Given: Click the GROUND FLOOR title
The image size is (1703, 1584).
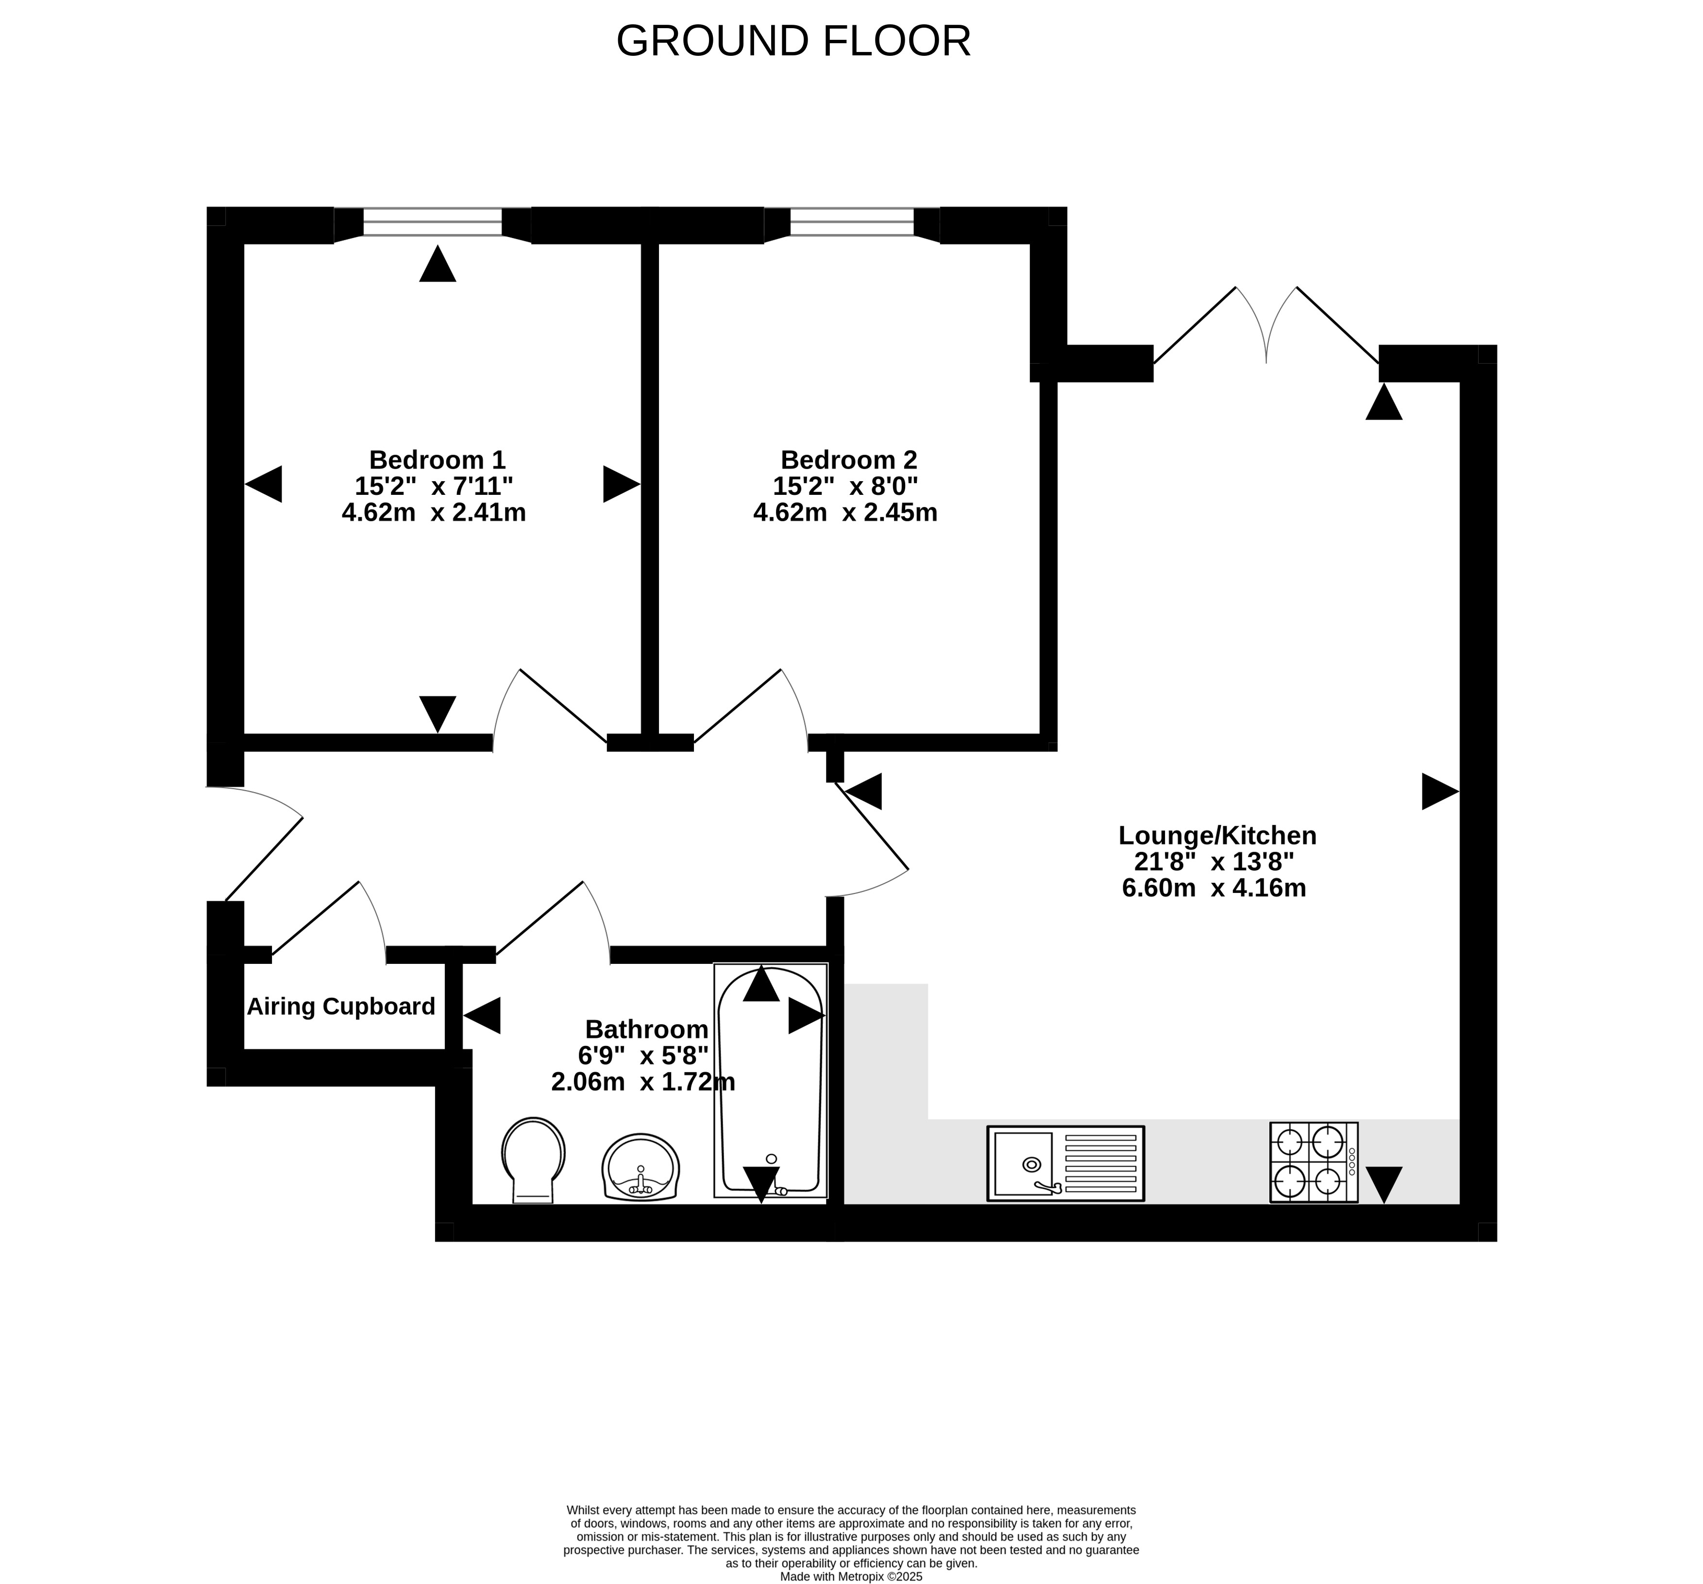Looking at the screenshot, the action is click(793, 41).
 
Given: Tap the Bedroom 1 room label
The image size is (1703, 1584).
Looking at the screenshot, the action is click(437, 459).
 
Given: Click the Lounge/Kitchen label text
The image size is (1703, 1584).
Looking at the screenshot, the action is click(1217, 835).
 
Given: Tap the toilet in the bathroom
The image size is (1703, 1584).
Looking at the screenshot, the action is click(533, 1160).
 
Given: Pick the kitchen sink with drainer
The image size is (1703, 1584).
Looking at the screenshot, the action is click(1066, 1163).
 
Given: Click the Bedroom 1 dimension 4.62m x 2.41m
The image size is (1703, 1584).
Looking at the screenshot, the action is click(434, 512).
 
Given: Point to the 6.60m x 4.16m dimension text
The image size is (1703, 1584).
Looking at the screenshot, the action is click(1214, 888).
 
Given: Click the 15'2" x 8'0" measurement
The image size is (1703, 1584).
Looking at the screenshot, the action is click(845, 486).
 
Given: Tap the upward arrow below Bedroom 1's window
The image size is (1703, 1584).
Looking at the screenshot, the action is click(438, 263).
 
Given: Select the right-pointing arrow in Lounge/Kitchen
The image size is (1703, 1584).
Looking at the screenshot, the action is click(1440, 792).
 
